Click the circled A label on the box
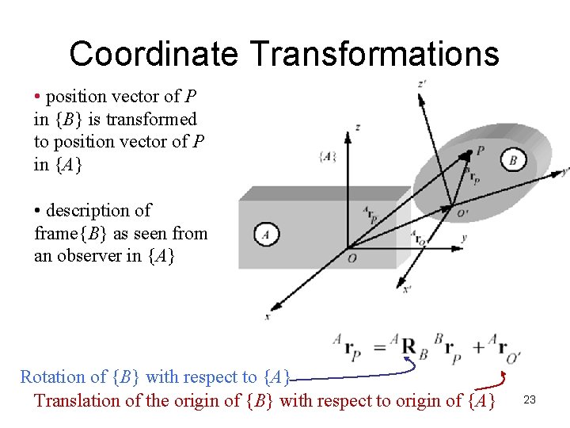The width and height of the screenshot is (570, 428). (266, 235)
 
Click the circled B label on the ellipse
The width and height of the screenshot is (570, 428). (513, 160)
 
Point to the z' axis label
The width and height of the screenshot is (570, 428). (421, 83)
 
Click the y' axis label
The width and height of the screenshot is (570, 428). (564, 170)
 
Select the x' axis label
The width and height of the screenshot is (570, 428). (407, 289)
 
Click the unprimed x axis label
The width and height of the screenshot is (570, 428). (267, 316)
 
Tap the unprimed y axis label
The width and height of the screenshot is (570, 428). (463, 238)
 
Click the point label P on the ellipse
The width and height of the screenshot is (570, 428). (481, 150)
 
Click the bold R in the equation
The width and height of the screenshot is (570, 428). (408, 346)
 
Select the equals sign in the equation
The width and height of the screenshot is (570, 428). (379, 346)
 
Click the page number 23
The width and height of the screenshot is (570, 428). (530, 400)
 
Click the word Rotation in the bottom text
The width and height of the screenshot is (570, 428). (51, 376)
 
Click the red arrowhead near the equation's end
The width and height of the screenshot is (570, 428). (503, 380)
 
